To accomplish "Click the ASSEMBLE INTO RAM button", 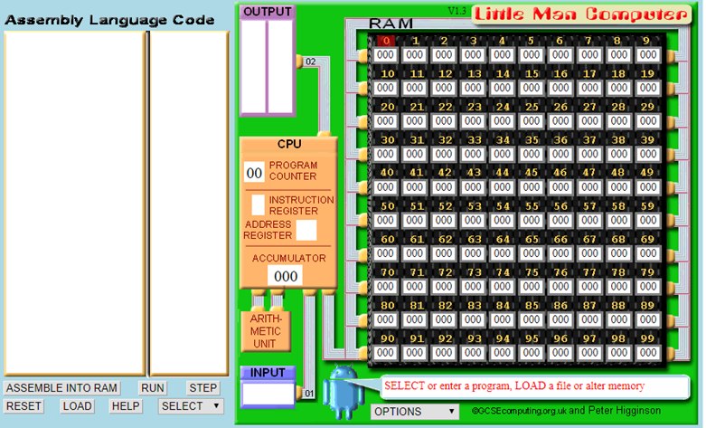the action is tap(61, 388).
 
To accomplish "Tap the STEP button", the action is tap(202, 388).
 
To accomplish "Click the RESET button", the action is tap(24, 406).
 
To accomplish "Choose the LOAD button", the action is tap(77, 406).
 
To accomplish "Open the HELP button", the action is tap(126, 406).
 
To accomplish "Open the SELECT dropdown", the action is tap(191, 406).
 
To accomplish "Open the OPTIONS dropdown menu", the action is tap(415, 412).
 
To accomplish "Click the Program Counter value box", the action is tap(254, 173).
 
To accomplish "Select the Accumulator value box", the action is tap(286, 276).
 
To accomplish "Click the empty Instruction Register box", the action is tap(258, 205).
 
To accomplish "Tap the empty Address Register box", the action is tap(306, 230).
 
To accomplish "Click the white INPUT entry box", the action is tap(268, 394).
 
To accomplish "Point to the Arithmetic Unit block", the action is tap(266, 331).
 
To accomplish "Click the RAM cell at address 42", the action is tap(444, 187).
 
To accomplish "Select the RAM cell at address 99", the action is tap(648, 353).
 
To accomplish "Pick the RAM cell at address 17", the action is tap(589, 88).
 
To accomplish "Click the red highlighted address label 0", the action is tap(386, 41).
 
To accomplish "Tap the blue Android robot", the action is tap(344, 390).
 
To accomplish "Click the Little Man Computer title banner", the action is tap(581, 14).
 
